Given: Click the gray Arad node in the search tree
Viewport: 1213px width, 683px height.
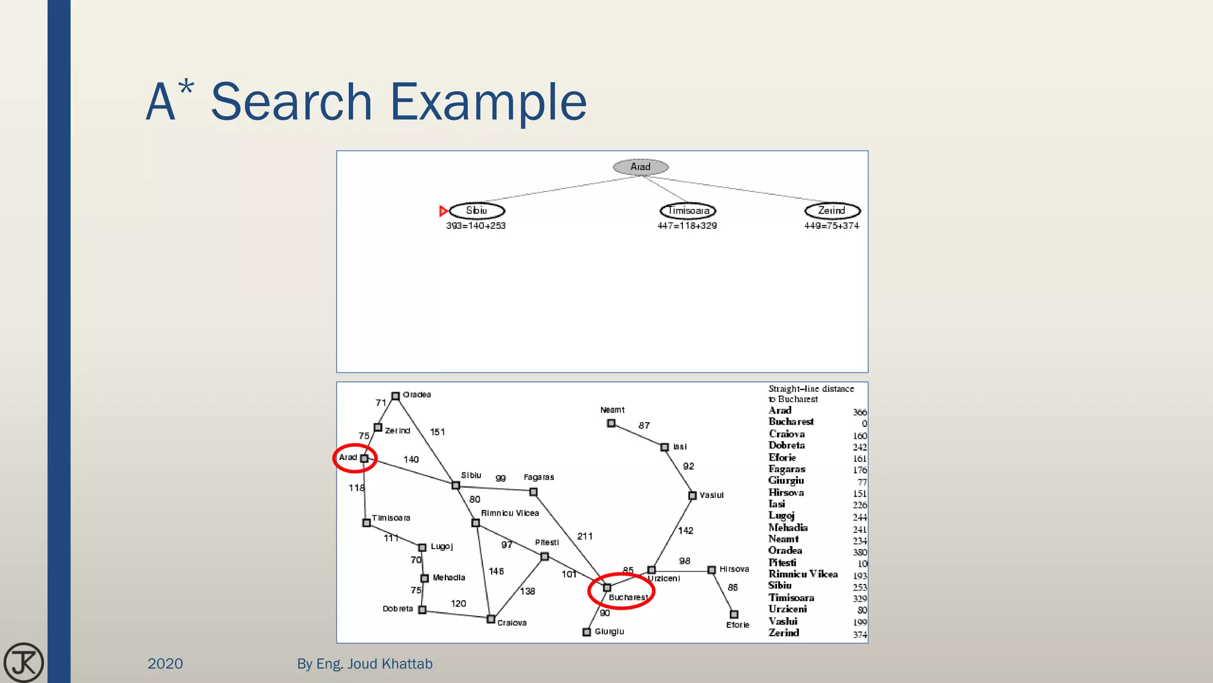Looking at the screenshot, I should pos(640,167).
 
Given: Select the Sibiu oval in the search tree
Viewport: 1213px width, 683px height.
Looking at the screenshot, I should pos(477,210).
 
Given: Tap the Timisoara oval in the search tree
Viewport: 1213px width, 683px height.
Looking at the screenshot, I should pos(688,210).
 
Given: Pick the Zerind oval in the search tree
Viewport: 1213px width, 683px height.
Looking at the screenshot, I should pos(832,210).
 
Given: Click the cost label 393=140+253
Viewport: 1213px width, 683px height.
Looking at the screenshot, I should pos(476,226).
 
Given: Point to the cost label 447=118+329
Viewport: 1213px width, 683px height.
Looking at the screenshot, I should pos(687,226).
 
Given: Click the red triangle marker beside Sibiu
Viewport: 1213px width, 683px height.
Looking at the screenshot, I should pos(443,211).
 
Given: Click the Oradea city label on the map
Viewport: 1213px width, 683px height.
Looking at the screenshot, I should pos(416,395).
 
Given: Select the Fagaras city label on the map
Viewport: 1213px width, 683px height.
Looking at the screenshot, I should pos(538,477).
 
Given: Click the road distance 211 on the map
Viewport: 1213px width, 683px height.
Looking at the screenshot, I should pos(585,536).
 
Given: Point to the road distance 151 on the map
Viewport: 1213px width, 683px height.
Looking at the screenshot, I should pos(437,432).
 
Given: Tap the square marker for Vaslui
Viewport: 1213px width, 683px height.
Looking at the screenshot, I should pos(692,495).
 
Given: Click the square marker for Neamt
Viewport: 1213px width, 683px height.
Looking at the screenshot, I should pos(611,423).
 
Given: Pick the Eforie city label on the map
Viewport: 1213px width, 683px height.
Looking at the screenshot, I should pos(737,625).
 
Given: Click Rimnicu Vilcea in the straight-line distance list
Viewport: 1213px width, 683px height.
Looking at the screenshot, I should pos(803,574).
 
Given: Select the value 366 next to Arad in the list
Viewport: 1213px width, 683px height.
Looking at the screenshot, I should pos(859,412).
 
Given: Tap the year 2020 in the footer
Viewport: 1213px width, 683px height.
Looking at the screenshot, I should pos(165,663).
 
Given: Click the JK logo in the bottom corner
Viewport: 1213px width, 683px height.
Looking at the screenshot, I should pos(24,662).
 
